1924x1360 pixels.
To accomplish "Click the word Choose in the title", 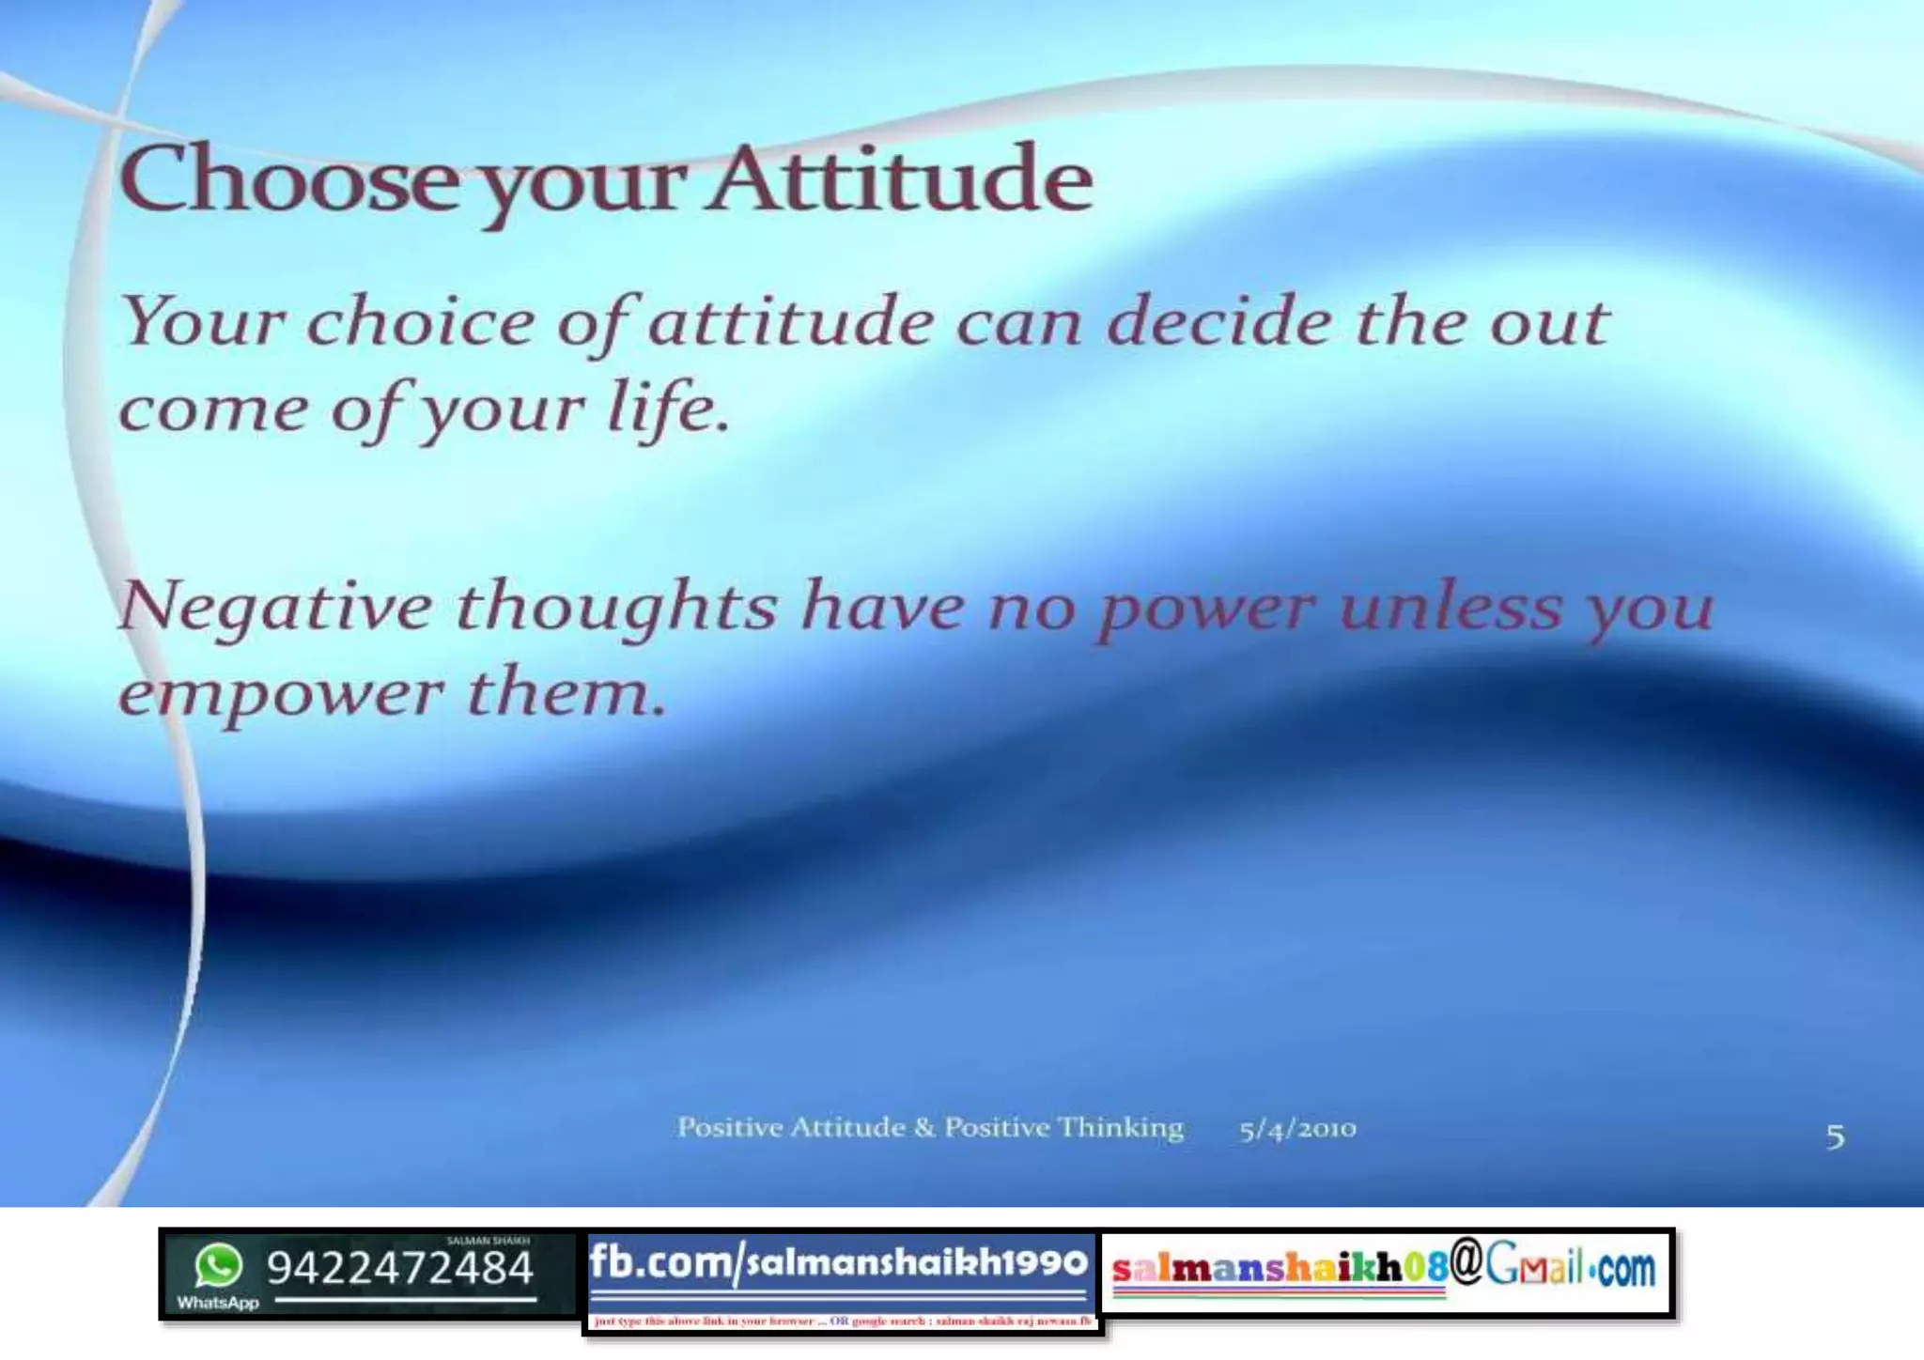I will [287, 180].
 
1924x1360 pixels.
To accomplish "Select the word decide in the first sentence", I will [1218, 323].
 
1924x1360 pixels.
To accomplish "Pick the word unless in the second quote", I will [1451, 607].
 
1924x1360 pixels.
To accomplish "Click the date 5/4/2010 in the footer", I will [1297, 1128].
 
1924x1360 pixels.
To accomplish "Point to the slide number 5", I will [1835, 1137].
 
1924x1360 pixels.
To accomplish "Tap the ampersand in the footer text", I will [924, 1127].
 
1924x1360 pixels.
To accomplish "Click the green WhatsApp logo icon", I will [218, 1265].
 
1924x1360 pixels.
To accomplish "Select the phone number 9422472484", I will [400, 1268].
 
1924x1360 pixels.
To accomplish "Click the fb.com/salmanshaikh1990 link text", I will [838, 1262].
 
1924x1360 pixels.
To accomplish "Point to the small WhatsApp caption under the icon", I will [217, 1303].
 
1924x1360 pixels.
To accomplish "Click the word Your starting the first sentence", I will [202, 322].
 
